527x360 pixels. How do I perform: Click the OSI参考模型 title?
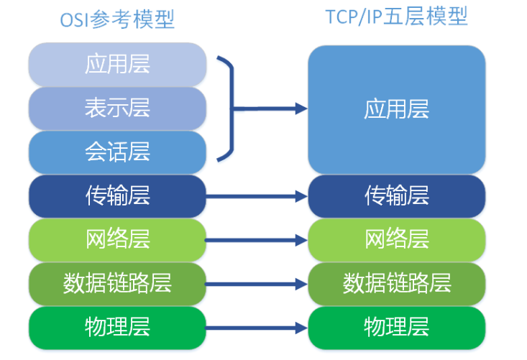pyautogui.click(x=117, y=19)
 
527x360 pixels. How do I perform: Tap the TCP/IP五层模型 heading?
pyautogui.click(x=397, y=17)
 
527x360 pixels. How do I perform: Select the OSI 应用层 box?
pyautogui.click(x=117, y=65)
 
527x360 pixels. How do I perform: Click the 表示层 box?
pyautogui.click(x=117, y=108)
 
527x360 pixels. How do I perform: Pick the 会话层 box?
pyautogui.click(x=117, y=152)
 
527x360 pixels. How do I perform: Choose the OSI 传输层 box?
pyautogui.click(x=117, y=195)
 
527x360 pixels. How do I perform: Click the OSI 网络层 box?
pyautogui.click(x=117, y=239)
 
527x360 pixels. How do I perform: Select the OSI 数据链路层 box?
pyautogui.click(x=117, y=283)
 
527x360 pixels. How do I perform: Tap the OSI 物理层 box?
pyautogui.click(x=117, y=328)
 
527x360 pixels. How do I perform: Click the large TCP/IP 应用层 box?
pyautogui.click(x=397, y=109)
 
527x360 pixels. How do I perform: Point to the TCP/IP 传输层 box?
pyautogui.click(x=397, y=195)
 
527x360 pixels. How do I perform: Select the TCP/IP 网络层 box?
pyautogui.click(x=397, y=239)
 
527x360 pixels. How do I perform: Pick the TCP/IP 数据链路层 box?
pyautogui.click(x=397, y=283)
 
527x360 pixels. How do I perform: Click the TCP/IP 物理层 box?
pyautogui.click(x=397, y=328)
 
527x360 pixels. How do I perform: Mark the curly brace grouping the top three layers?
pyautogui.click(x=229, y=108)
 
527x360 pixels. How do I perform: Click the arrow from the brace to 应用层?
pyautogui.click(x=273, y=109)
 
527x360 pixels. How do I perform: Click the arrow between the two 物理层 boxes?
pyautogui.click(x=257, y=328)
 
